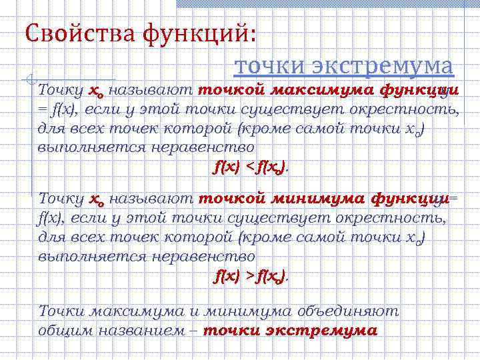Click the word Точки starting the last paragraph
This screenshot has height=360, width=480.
coord(61,311)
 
